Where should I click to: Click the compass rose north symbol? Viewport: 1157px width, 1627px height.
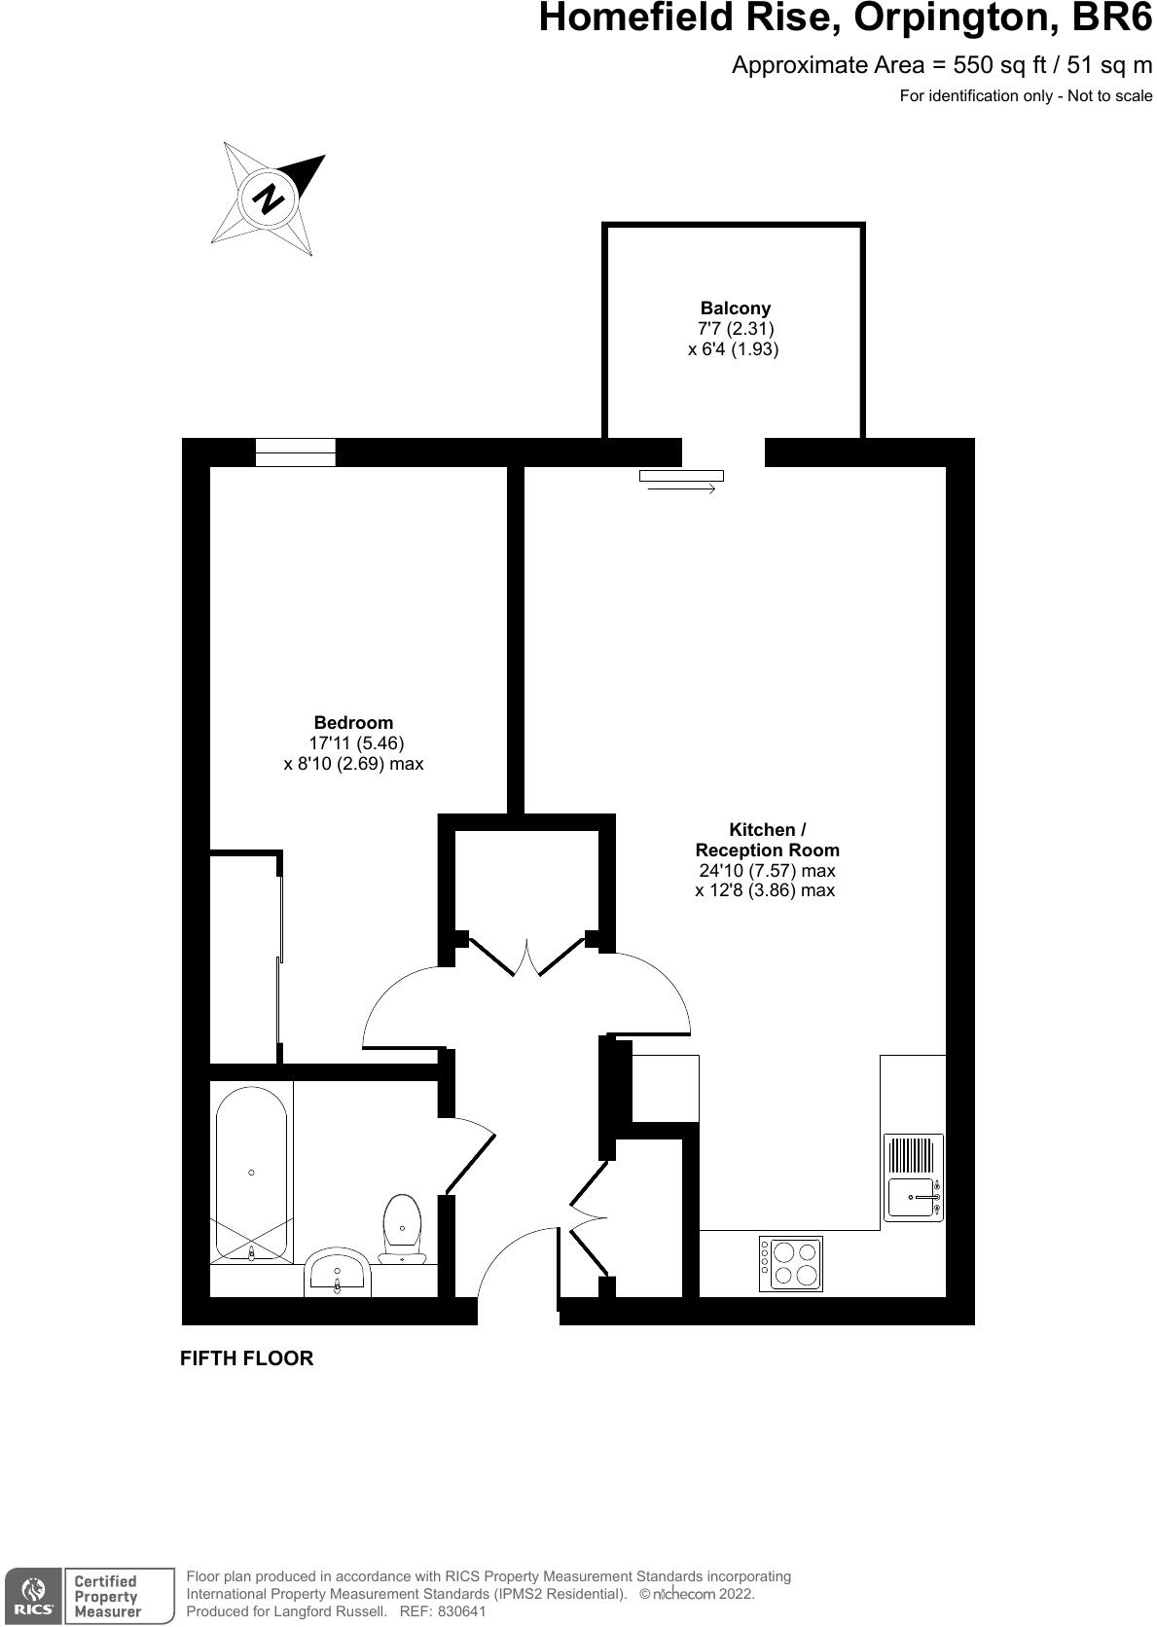(269, 199)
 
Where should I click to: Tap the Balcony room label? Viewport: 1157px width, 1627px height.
(735, 308)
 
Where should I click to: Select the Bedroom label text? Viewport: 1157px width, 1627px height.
(353, 723)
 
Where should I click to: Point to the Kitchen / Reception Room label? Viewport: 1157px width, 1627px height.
(767, 840)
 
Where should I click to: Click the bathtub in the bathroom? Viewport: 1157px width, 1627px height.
(251, 1174)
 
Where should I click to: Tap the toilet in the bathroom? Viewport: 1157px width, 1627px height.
(402, 1229)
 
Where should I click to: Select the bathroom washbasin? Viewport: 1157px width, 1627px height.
(337, 1273)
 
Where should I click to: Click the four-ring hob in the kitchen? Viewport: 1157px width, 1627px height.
(791, 1263)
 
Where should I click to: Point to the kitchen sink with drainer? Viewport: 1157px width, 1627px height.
(913, 1176)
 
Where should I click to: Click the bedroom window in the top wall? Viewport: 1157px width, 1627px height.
(295, 452)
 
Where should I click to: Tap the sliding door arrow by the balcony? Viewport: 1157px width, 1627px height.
(681, 488)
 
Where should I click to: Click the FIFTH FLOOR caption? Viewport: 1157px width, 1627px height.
(246, 1358)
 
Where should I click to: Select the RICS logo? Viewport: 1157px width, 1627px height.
(33, 1595)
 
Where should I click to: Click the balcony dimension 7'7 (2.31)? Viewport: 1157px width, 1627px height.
(734, 329)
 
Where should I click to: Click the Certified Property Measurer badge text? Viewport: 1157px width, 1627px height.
(107, 1596)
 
